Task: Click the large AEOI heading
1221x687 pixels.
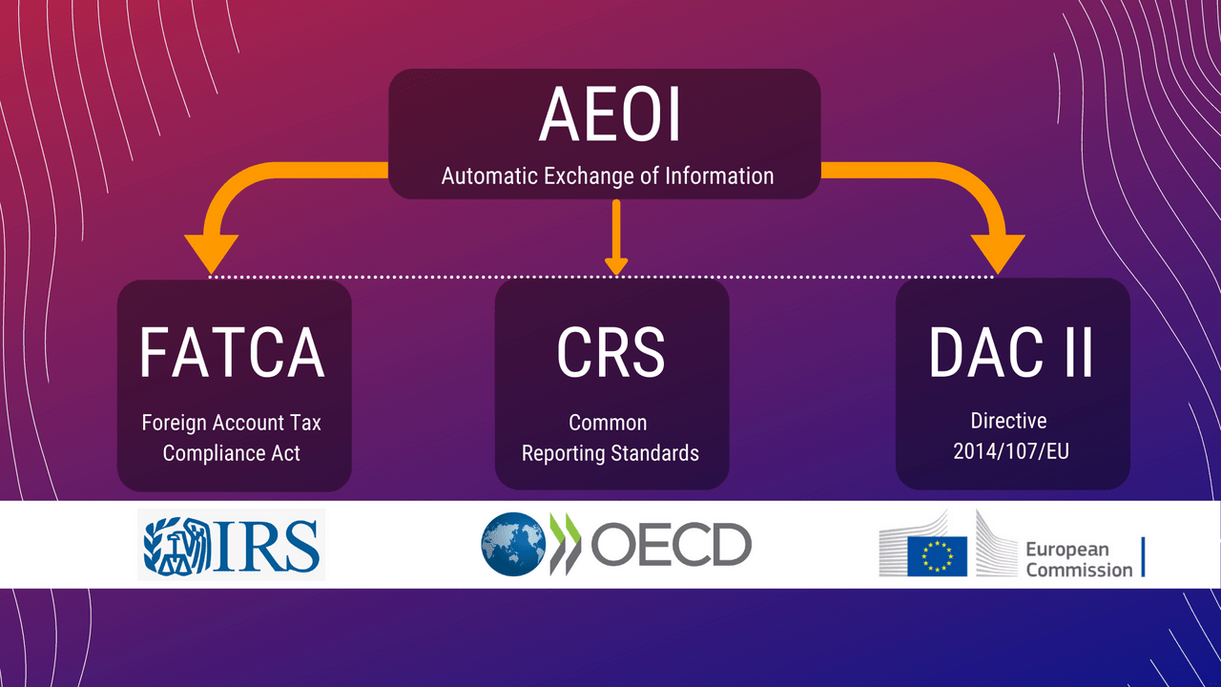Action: (610, 115)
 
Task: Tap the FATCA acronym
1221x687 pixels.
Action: (232, 353)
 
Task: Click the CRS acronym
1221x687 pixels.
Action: (610, 353)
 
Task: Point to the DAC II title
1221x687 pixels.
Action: (1011, 353)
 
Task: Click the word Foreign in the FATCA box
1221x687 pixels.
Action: (175, 423)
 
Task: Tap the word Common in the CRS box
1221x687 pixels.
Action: (608, 423)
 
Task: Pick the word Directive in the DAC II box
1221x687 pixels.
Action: (1008, 421)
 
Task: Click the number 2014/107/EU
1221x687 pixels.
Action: (1010, 451)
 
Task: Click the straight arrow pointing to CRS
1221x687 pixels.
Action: (616, 238)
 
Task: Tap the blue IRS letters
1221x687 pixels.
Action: (266, 545)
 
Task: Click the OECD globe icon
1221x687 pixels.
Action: (513, 544)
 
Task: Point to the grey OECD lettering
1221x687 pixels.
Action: (671, 544)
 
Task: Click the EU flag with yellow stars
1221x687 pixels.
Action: (937, 556)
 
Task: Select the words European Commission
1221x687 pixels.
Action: (1079, 559)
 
